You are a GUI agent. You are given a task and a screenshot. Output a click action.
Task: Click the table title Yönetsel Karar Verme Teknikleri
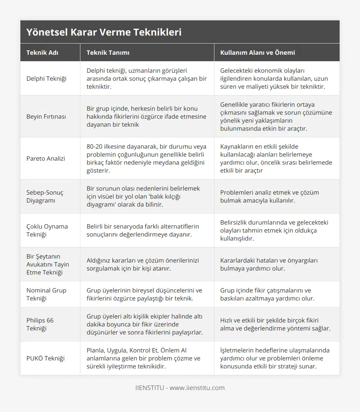point(104,32)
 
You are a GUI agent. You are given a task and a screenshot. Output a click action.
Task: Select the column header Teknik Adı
point(42,52)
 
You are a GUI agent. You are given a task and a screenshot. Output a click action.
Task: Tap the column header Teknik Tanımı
point(108,52)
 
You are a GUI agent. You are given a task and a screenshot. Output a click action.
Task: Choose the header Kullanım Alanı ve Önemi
point(258,52)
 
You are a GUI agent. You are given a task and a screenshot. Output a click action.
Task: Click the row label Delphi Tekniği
point(46,78)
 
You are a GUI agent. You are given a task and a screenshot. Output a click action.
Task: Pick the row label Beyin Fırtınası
point(46,116)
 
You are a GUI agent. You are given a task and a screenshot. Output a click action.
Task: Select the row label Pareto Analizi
point(46,158)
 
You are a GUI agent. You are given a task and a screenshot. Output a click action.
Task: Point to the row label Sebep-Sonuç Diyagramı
point(45,196)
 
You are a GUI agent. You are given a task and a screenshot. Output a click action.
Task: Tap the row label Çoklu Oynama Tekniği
point(47,230)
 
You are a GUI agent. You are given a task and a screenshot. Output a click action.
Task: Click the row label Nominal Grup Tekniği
point(46,294)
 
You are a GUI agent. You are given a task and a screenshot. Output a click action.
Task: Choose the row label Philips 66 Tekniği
point(40,324)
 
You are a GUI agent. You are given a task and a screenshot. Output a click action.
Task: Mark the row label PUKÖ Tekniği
point(46,358)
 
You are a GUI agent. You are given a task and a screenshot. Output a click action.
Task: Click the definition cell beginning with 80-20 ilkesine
point(146,158)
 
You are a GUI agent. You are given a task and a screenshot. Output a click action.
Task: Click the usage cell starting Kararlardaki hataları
point(269,264)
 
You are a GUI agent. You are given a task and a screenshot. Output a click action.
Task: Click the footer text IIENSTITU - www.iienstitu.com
point(180,388)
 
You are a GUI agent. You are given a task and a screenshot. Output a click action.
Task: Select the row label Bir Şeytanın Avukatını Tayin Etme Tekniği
point(48,264)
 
